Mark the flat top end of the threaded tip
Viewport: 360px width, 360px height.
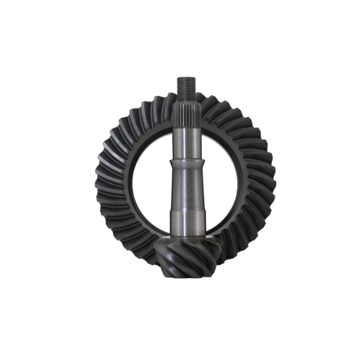coord(185,78)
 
